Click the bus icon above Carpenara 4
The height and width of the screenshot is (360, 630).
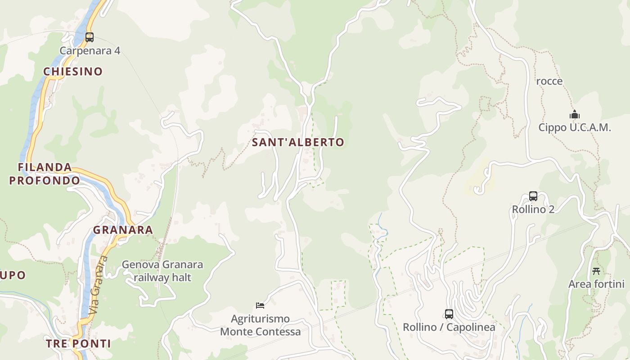tap(90, 37)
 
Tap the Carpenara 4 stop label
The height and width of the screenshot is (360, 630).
tap(90, 50)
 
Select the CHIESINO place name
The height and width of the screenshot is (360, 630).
tap(73, 71)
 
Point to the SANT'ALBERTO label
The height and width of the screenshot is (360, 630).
tap(298, 142)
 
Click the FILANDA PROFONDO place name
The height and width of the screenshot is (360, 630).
tap(45, 174)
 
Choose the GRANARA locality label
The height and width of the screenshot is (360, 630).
tap(123, 230)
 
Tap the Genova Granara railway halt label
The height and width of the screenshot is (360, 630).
tap(162, 270)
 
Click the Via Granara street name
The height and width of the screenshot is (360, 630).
tap(99, 285)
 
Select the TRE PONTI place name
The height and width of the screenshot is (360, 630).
tap(78, 343)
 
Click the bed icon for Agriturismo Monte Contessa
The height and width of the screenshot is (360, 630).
tap(260, 306)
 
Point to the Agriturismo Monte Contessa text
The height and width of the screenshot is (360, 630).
tap(260, 325)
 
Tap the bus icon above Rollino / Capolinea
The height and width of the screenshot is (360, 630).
tap(449, 314)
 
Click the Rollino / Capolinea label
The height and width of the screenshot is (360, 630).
tap(449, 327)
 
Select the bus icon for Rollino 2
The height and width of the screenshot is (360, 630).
tap(533, 196)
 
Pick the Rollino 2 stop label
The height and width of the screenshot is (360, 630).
tap(533, 209)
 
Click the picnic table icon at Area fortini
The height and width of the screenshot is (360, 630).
tap(596, 271)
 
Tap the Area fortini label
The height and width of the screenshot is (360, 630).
tap(596, 284)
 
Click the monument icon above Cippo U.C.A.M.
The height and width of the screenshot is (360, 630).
tap(575, 115)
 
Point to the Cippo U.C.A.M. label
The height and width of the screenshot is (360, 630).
tap(575, 127)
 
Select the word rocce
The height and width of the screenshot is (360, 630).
tap(549, 81)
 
